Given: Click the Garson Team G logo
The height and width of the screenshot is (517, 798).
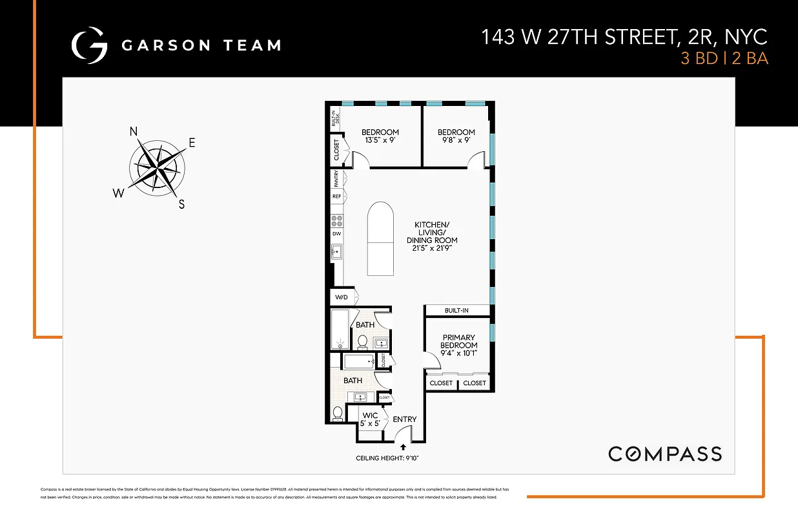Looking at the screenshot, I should point(89,45).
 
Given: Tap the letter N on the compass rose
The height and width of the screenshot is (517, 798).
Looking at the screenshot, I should point(134,131).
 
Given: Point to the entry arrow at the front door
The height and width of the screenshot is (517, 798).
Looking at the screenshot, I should point(404,447).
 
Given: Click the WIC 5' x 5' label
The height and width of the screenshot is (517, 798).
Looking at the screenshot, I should point(371,419).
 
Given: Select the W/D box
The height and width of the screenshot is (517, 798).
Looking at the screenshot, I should point(340,298).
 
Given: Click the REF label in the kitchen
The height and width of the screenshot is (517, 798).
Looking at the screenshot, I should point(336,196).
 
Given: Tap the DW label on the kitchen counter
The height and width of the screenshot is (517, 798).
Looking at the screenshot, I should point(336,233).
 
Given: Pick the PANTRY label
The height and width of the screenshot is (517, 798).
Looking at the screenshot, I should point(336,178).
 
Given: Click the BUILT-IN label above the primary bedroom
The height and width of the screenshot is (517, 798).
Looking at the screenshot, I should point(456,311).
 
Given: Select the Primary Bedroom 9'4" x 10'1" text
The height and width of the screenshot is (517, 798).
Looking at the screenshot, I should point(459,345).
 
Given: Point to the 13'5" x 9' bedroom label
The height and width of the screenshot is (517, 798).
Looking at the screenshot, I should point(380,136).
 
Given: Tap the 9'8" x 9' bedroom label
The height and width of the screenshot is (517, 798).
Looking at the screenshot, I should point(456,136).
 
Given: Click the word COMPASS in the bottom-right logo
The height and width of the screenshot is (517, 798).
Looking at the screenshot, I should point(665,454).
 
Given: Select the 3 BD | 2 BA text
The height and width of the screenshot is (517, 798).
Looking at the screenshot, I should point(724,58).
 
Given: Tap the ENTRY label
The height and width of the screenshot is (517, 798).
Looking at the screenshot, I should point(405,419).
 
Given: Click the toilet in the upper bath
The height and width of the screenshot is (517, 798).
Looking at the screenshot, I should point(362,341).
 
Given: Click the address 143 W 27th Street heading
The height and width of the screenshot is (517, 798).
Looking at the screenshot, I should point(624,37).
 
